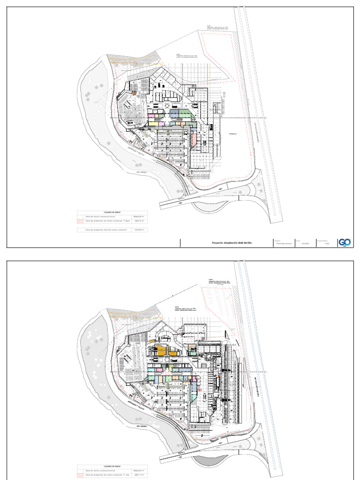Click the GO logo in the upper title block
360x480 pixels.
[x=345, y=242]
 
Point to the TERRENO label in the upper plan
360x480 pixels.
[x=233, y=134]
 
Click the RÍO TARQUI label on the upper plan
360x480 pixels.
[x=142, y=172]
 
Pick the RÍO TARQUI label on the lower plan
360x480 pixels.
[x=142, y=426]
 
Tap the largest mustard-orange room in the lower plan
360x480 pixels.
[x=161, y=350]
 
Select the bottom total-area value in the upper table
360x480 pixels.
[x=138, y=230]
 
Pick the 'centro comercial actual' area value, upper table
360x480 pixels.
[x=138, y=217]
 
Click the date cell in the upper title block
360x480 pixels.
[x=305, y=243]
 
